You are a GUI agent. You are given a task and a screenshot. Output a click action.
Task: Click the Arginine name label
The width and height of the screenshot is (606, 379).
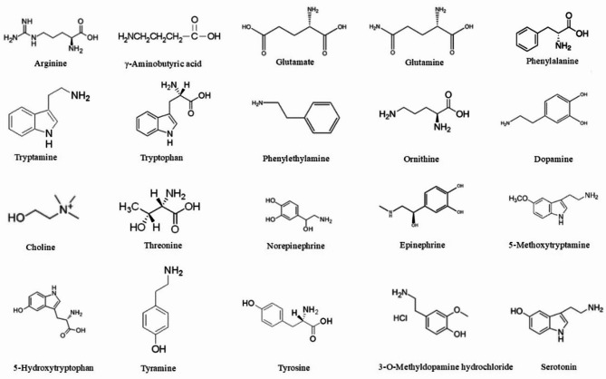click(41, 64)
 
